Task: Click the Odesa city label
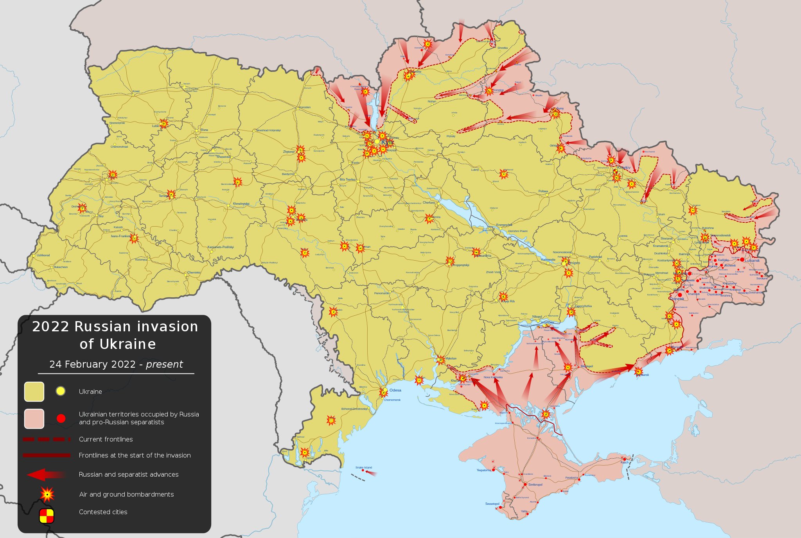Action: point(395,390)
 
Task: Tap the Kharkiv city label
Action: point(624,168)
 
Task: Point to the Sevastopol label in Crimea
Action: point(492,504)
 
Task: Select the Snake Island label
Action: point(364,468)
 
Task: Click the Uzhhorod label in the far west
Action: point(43,256)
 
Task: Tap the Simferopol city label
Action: point(535,485)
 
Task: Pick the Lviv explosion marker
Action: point(113,175)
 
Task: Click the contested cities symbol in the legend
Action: point(47,516)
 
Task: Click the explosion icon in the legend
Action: point(47,495)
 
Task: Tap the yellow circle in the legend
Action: point(60,391)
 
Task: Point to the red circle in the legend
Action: point(61,418)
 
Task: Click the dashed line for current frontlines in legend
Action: point(46,440)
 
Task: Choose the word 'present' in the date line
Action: point(164,365)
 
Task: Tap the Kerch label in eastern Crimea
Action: point(624,463)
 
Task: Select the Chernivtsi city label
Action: point(194,273)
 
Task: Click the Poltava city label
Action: point(543,191)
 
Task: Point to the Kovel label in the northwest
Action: point(136,91)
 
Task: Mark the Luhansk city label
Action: point(752,261)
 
